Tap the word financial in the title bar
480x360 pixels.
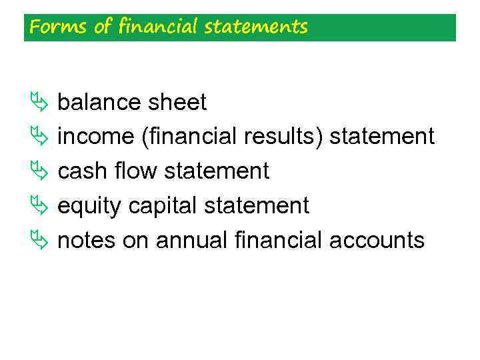(x=159, y=27)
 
